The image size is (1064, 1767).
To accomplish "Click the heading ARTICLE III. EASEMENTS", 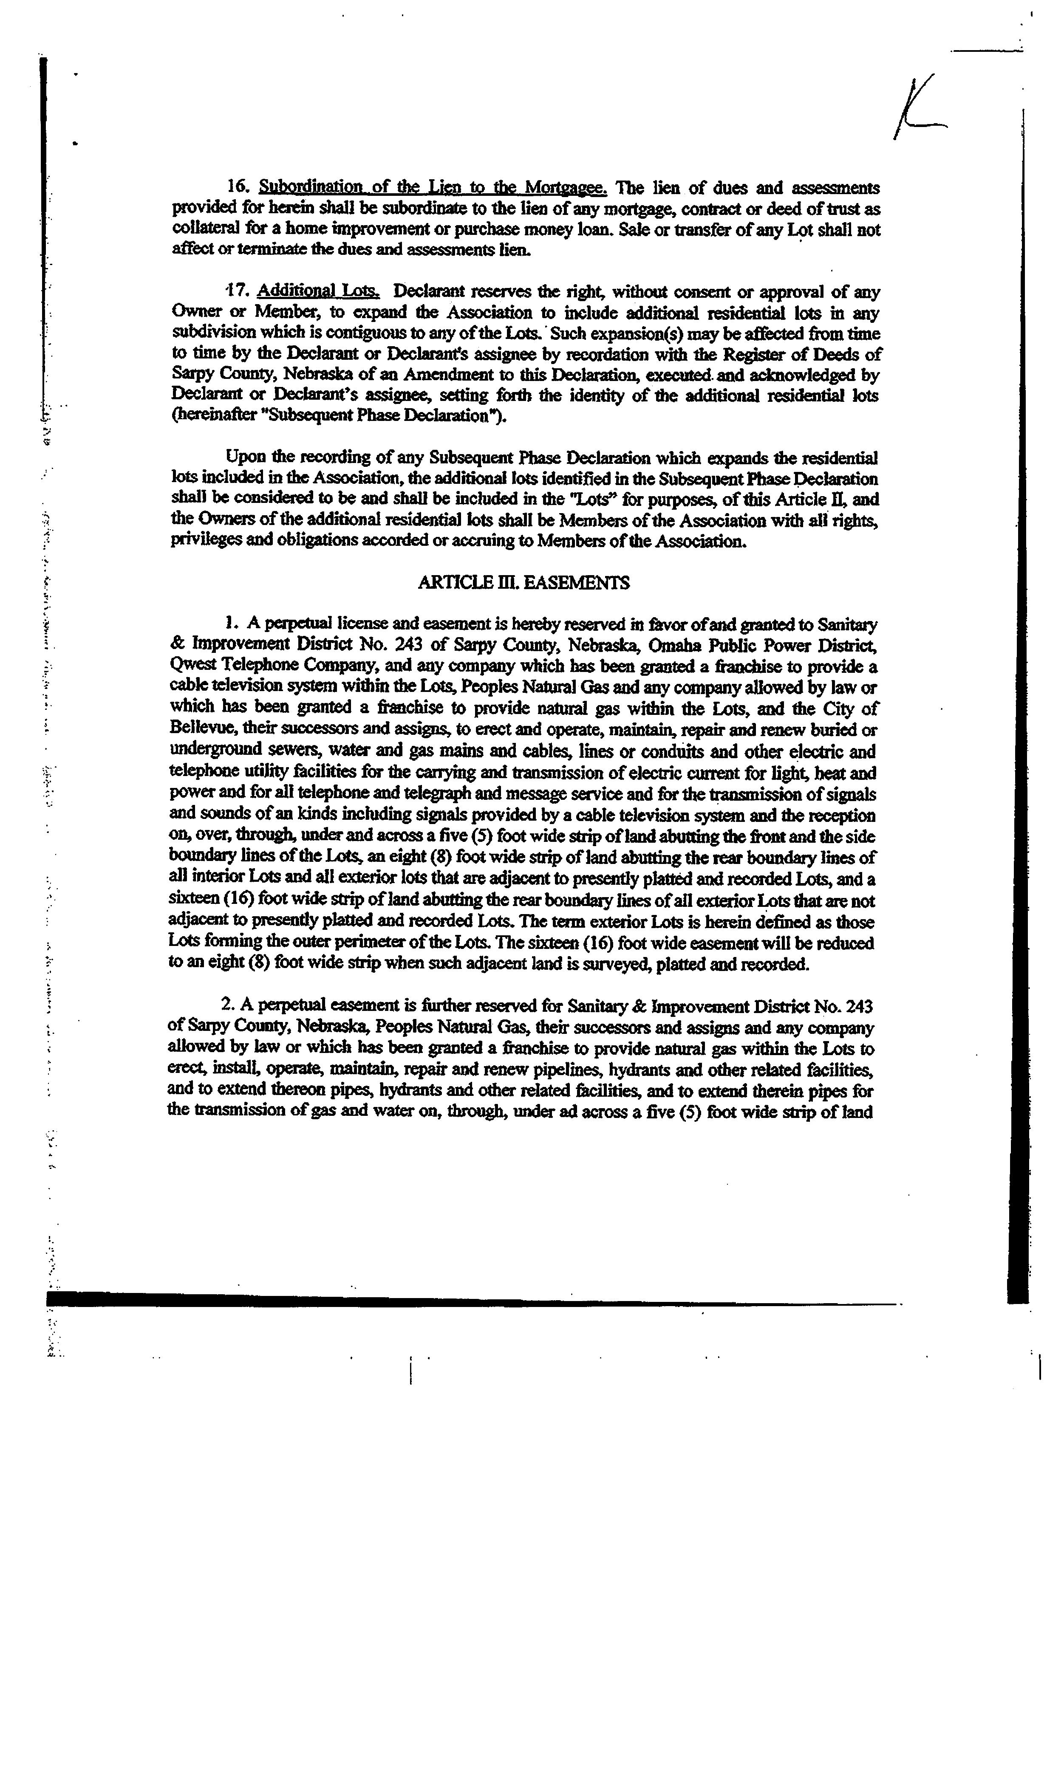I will [524, 582].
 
